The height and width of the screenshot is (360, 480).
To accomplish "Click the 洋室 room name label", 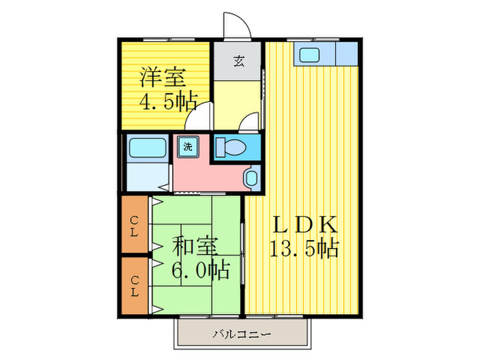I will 163,76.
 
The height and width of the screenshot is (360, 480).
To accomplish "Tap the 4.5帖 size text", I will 169,102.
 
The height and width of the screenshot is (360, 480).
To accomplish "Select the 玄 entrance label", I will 237,61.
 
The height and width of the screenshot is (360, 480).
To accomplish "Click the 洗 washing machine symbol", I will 187,145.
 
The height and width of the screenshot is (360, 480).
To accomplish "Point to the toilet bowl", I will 233,147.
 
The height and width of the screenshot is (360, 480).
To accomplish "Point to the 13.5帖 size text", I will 304,248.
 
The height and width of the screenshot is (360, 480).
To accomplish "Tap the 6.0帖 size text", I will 200,269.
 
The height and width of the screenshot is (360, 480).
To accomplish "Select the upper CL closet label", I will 136,225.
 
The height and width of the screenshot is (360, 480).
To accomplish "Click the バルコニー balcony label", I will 241,335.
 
